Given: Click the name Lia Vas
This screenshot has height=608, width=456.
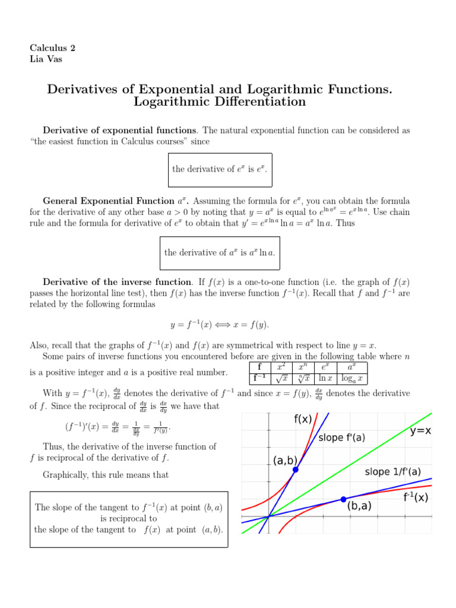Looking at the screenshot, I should pyautogui.click(x=46, y=59).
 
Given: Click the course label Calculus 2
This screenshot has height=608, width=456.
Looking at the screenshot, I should pyautogui.click(x=52, y=47).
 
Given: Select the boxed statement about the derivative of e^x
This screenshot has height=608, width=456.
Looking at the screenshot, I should pyautogui.click(x=220, y=169).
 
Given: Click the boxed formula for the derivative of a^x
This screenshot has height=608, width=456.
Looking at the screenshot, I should pyautogui.click(x=220, y=253).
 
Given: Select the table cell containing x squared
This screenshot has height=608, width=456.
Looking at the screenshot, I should pyautogui.click(x=281, y=367).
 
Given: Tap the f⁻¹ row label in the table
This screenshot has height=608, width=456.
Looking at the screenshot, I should pyautogui.click(x=259, y=378).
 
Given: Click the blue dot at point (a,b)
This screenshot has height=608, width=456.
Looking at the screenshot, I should pyautogui.click(x=295, y=470).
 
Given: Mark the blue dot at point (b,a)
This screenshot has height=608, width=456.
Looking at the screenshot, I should pyautogui.click(x=343, y=499).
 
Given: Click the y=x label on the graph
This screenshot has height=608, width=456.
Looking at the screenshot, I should pyautogui.click(x=420, y=431).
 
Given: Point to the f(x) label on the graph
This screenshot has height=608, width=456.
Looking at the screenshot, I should pyautogui.click(x=303, y=419).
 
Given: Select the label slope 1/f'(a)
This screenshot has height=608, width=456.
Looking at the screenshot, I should pyautogui.click(x=392, y=472).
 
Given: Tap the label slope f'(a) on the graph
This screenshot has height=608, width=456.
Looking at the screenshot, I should pyautogui.click(x=342, y=438).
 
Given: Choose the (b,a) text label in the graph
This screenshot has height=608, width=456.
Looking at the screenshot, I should pyautogui.click(x=363, y=507).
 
